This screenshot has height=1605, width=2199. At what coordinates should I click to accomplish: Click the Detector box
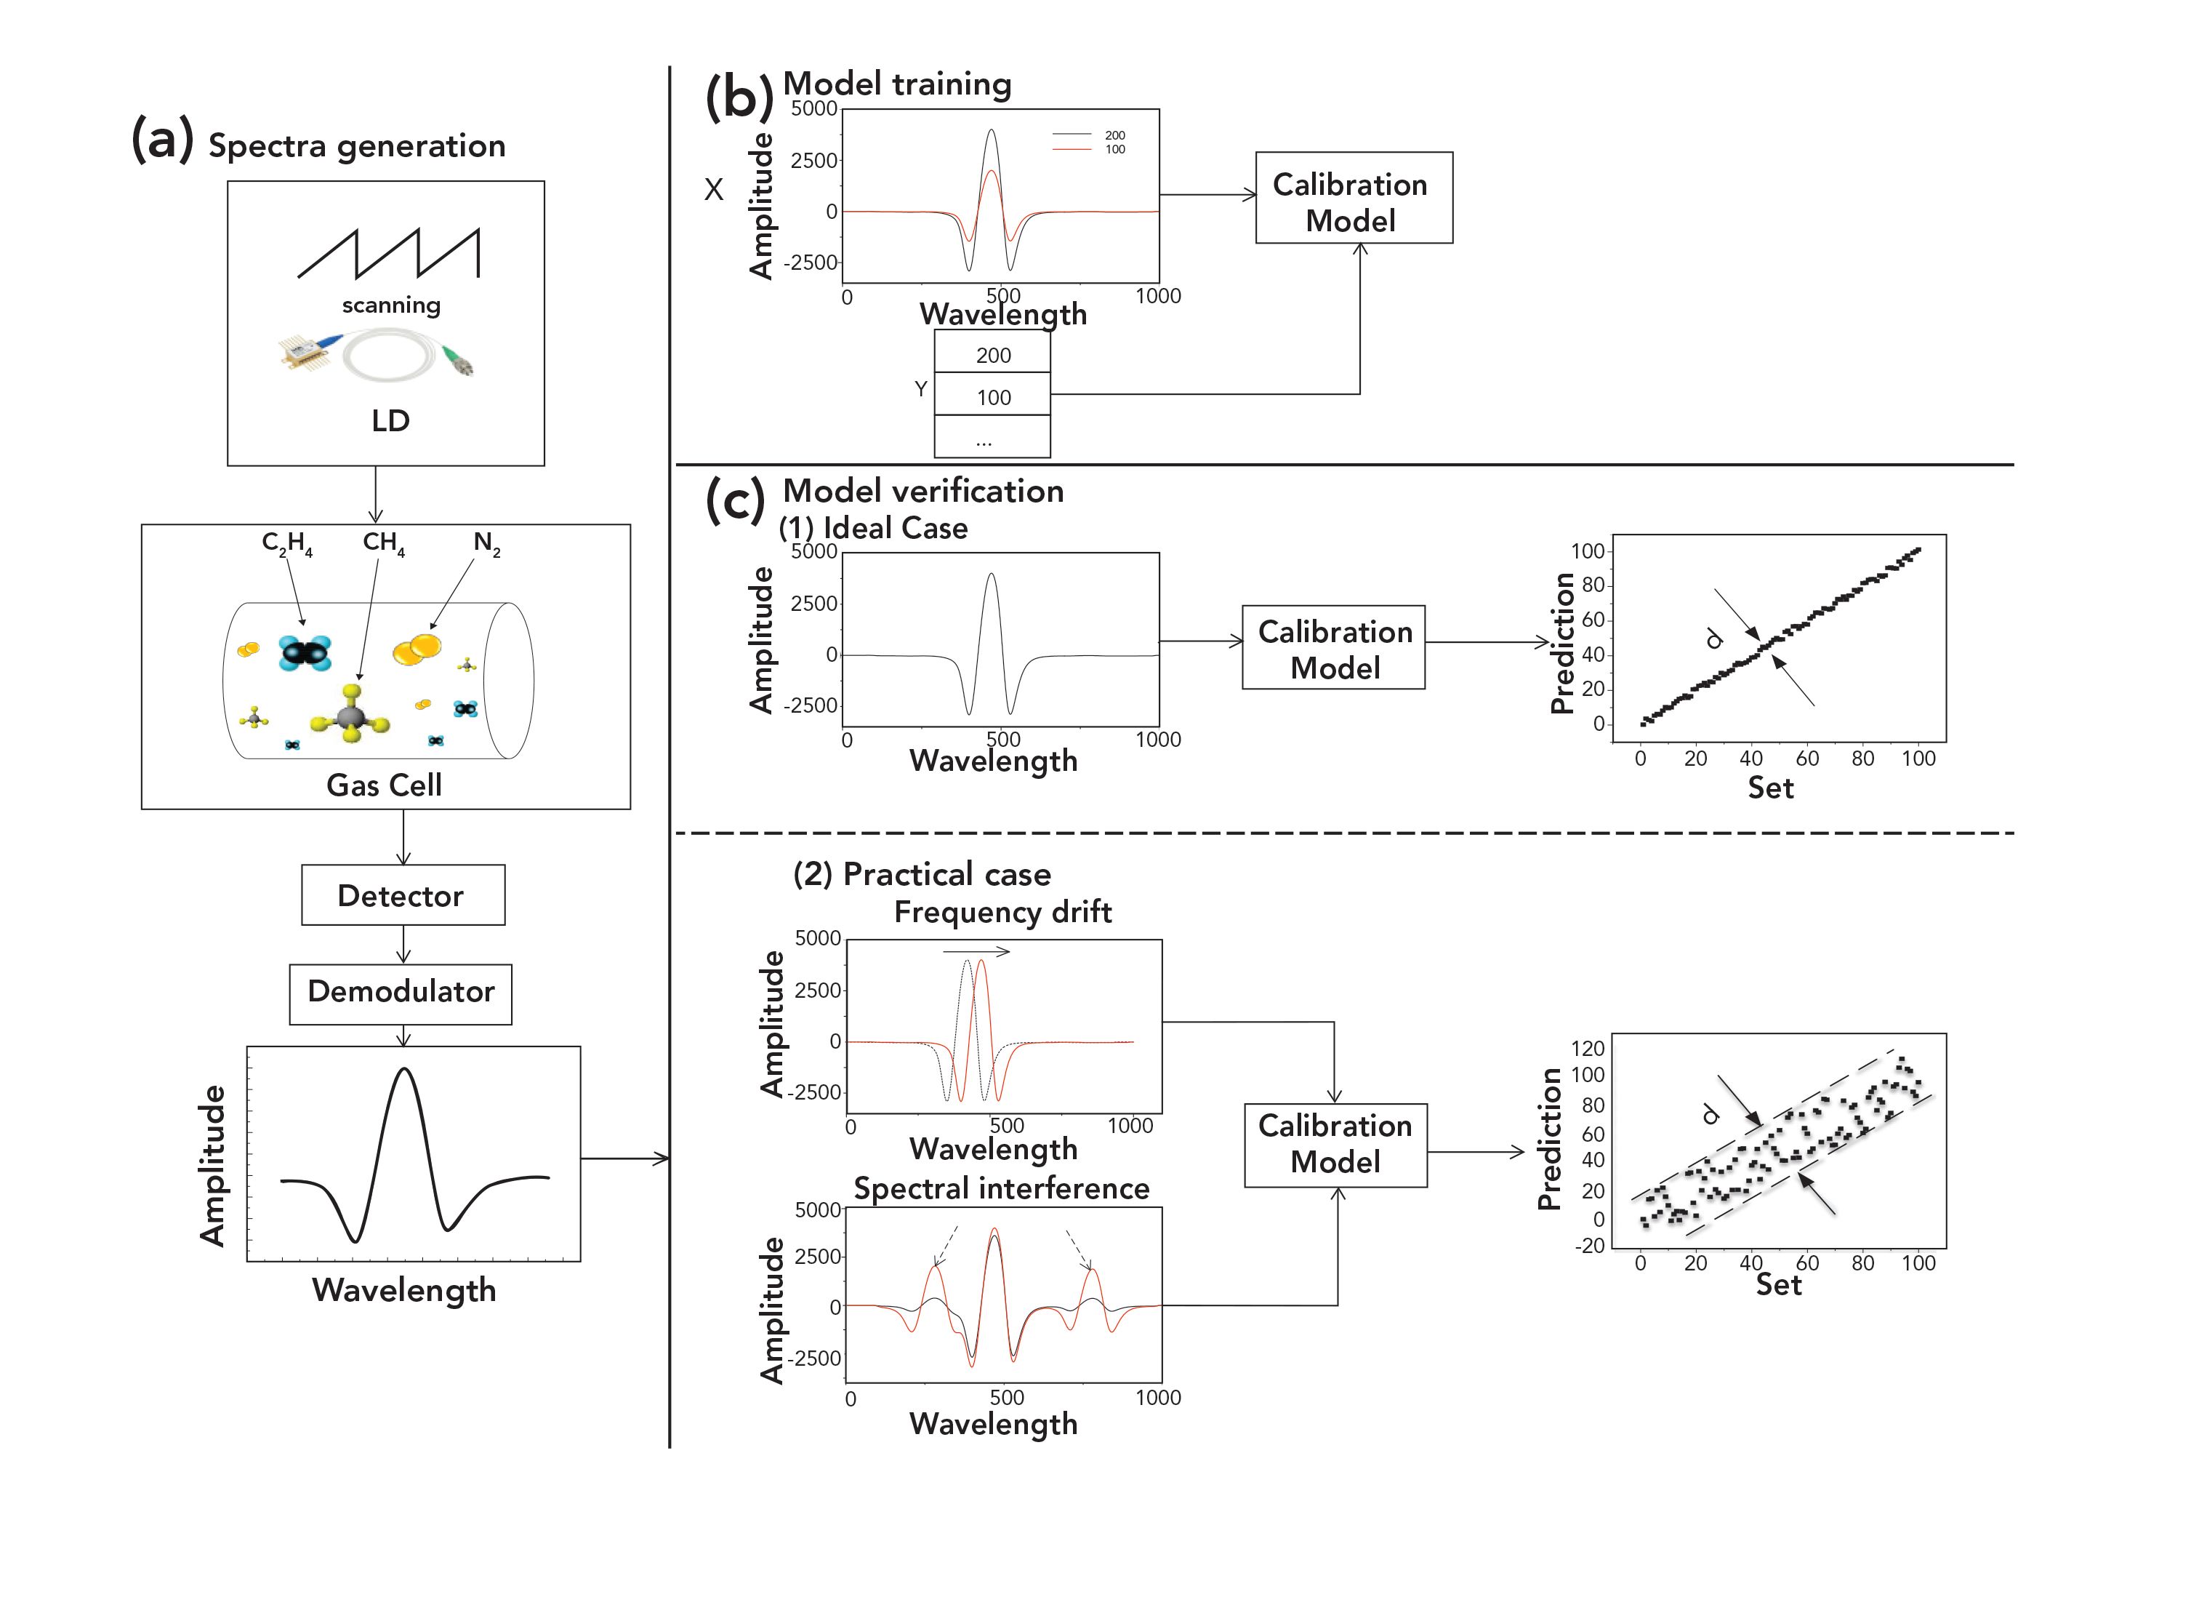[x=402, y=894]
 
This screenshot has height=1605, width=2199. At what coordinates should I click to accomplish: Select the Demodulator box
[x=400, y=993]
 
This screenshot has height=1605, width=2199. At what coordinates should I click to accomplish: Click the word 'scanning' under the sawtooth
[x=390, y=305]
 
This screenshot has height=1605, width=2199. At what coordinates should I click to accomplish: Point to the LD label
[x=390, y=420]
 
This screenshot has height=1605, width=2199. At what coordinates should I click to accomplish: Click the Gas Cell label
[x=384, y=784]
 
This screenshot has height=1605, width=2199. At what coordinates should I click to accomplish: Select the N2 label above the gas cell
[x=486, y=543]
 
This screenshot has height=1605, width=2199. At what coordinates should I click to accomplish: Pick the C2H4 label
[x=286, y=543]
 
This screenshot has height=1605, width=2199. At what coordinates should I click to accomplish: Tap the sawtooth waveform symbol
[x=388, y=252]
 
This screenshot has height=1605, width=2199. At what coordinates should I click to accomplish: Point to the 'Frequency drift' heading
[x=1002, y=911]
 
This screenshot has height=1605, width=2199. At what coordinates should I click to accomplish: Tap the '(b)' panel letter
[x=738, y=97]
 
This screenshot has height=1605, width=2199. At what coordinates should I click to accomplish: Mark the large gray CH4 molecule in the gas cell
[x=350, y=717]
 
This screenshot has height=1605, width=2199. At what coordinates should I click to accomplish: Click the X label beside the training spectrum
[x=714, y=190]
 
